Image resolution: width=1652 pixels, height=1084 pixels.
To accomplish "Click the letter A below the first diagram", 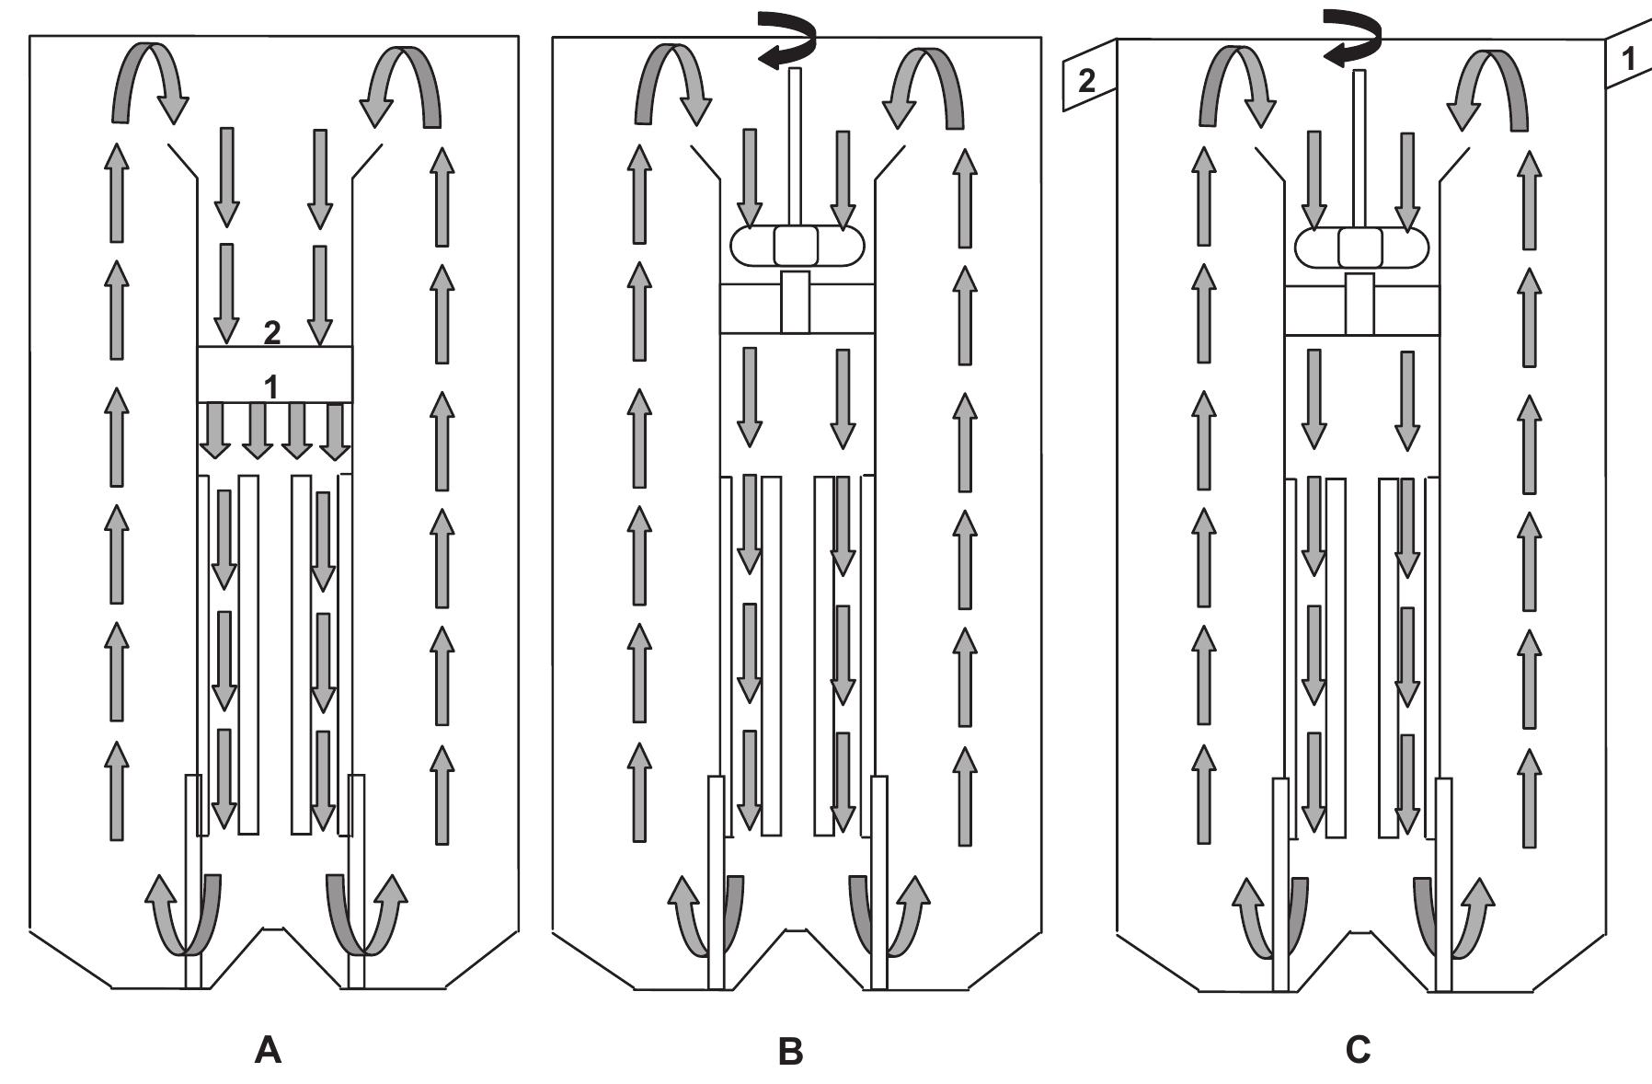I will click(x=268, y=1049).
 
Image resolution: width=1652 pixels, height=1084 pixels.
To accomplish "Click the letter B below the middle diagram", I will click(x=790, y=1050).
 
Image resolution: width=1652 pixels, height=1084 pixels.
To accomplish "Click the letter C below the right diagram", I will click(x=1358, y=1049).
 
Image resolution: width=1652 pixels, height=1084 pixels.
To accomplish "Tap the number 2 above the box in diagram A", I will click(x=272, y=333).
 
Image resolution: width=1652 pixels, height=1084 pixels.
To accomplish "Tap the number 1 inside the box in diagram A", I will click(x=271, y=387).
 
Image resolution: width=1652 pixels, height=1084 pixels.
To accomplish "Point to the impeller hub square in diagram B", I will click(x=796, y=245).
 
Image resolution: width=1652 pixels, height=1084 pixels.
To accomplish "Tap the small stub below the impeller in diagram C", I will click(x=1359, y=304).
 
